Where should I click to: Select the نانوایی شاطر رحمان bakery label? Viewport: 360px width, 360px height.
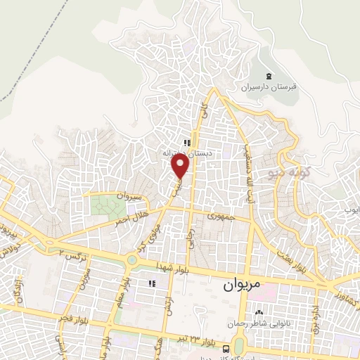(x=257, y=324)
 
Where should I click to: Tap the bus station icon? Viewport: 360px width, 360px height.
(x=225, y=349)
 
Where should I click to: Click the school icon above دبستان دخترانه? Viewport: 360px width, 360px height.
(x=187, y=141)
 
